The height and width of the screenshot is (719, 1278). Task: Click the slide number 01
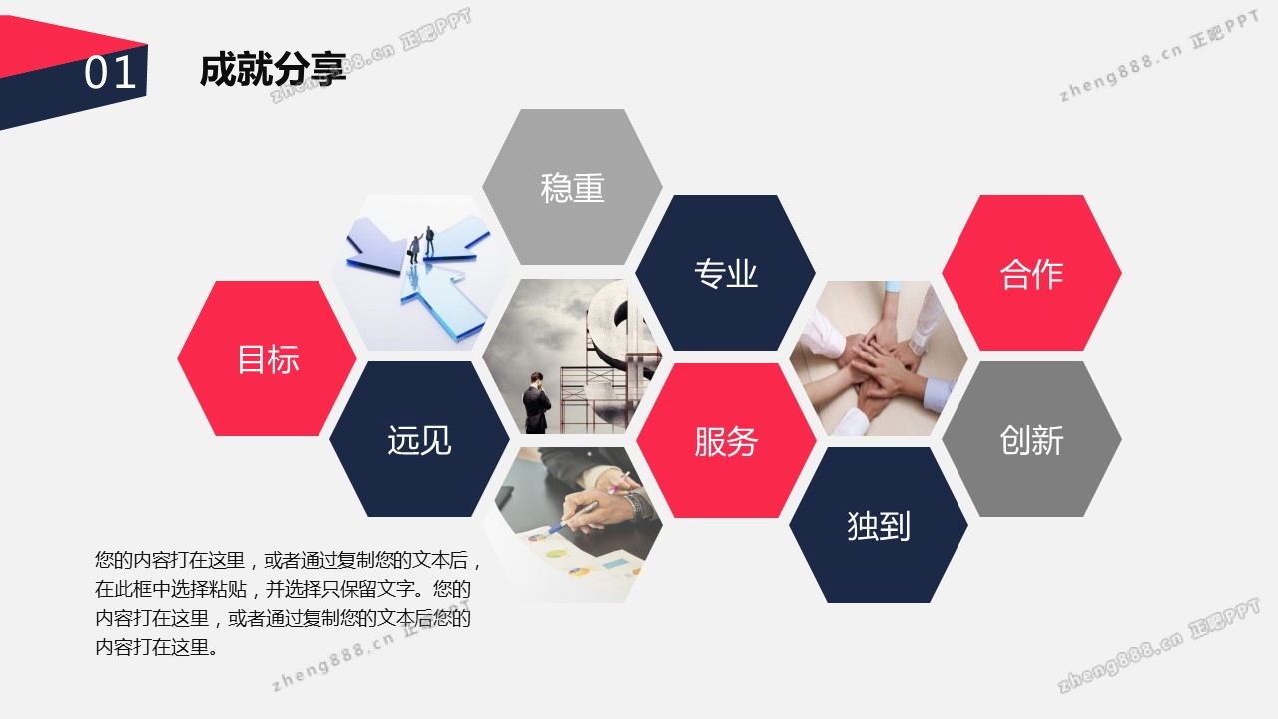click(x=110, y=73)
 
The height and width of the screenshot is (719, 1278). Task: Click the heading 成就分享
click(x=274, y=70)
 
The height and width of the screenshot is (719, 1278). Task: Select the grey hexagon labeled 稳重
click(x=572, y=187)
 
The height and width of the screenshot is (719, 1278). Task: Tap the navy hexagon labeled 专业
click(x=725, y=273)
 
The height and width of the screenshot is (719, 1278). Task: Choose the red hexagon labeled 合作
click(x=1031, y=273)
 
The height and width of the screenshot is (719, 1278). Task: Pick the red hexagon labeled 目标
click(x=267, y=359)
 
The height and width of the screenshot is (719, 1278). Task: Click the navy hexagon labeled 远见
click(x=419, y=439)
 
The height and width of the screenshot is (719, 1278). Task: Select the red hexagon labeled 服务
click(x=726, y=440)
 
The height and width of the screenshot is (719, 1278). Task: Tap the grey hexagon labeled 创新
click(x=1031, y=439)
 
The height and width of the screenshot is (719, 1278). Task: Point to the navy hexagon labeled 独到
click(x=878, y=525)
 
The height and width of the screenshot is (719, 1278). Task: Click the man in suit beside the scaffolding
click(x=536, y=403)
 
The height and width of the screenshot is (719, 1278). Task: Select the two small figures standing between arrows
click(x=421, y=245)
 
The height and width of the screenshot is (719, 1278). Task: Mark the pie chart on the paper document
click(x=556, y=553)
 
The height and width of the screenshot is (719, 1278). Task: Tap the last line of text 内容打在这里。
click(x=157, y=648)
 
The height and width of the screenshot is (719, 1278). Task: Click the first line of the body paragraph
click(x=289, y=560)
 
